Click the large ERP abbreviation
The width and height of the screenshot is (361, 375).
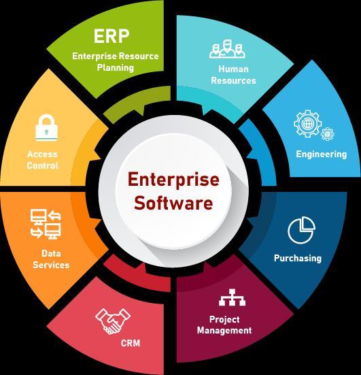(111, 36)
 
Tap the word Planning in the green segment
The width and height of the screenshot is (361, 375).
(116, 67)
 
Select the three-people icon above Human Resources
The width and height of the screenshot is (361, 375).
(227, 49)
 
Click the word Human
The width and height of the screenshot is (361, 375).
(233, 69)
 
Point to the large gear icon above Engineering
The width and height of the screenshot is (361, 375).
(307, 124)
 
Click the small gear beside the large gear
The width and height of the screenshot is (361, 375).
(327, 134)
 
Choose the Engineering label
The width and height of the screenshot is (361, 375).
(322, 154)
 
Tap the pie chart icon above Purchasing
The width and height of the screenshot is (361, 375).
(301, 230)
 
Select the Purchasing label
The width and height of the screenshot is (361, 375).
(298, 259)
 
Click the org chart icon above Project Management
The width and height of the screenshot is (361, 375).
(233, 297)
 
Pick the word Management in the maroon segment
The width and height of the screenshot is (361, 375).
(224, 331)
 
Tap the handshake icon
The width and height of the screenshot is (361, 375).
(113, 321)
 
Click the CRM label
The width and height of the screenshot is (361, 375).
(131, 343)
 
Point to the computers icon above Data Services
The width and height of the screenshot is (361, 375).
(46, 224)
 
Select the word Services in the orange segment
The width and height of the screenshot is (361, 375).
(51, 265)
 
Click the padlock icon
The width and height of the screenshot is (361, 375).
(47, 128)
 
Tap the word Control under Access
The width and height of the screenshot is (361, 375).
(43, 165)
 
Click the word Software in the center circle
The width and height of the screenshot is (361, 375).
(173, 203)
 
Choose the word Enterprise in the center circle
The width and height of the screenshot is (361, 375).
(173, 180)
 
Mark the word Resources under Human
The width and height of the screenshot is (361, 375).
(233, 80)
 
